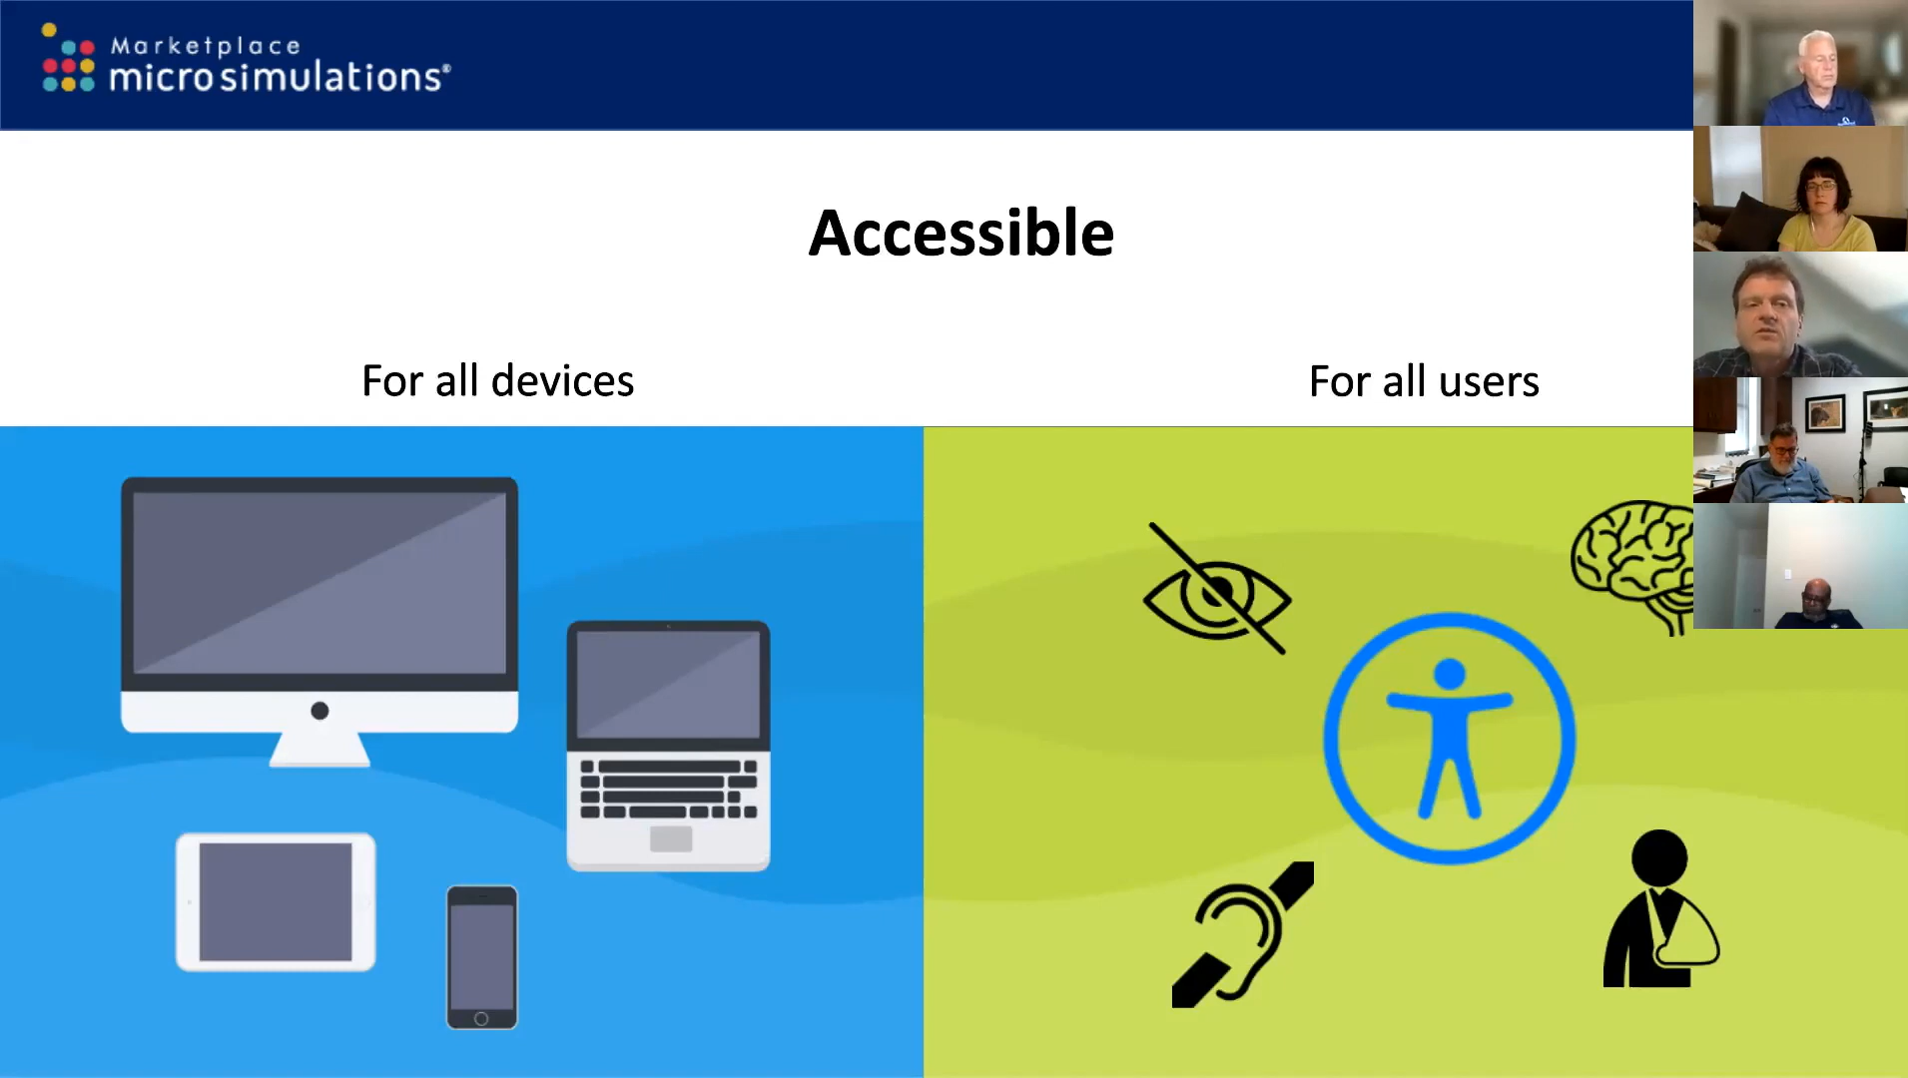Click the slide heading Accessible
(x=961, y=234)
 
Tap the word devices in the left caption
(x=562, y=381)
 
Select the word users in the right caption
(x=1489, y=382)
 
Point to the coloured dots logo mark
(x=68, y=60)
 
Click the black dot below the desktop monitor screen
(x=319, y=711)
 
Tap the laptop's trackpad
(x=671, y=839)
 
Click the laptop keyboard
(x=669, y=790)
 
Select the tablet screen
(x=276, y=902)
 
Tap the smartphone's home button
(x=481, y=1019)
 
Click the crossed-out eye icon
(x=1217, y=590)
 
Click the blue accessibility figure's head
(x=1450, y=674)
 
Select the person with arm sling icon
(x=1660, y=909)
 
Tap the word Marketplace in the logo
(x=205, y=46)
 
